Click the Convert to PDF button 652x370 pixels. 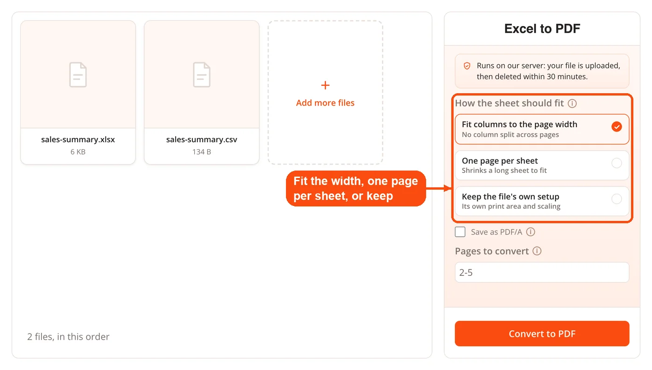pyautogui.click(x=542, y=334)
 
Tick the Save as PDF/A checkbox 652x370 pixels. pyautogui.click(x=460, y=232)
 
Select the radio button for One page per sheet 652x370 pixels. pyautogui.click(x=617, y=163)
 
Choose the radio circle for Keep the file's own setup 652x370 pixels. pyautogui.click(x=617, y=199)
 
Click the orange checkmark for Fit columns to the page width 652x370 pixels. pyautogui.click(x=617, y=126)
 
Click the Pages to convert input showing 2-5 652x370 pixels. pyautogui.click(x=542, y=273)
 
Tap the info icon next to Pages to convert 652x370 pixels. pyautogui.click(x=537, y=251)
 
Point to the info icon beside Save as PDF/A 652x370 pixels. pyautogui.click(x=530, y=232)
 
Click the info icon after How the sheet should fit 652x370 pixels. pyautogui.click(x=572, y=103)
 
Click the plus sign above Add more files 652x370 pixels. pyautogui.click(x=325, y=85)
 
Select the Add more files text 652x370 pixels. pyautogui.click(x=325, y=103)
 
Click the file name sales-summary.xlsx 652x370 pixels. pyautogui.click(x=78, y=139)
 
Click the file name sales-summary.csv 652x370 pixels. pyautogui.click(x=202, y=139)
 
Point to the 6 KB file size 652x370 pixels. pyautogui.click(x=78, y=152)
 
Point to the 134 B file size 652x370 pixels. pyautogui.click(x=202, y=152)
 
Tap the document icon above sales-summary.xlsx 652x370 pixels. pyautogui.click(x=78, y=75)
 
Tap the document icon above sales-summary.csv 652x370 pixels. pyautogui.click(x=202, y=75)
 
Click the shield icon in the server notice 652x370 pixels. pyautogui.click(x=467, y=66)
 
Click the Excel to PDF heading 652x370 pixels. pyautogui.click(x=542, y=28)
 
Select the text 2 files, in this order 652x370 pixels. pyautogui.click(x=68, y=336)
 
